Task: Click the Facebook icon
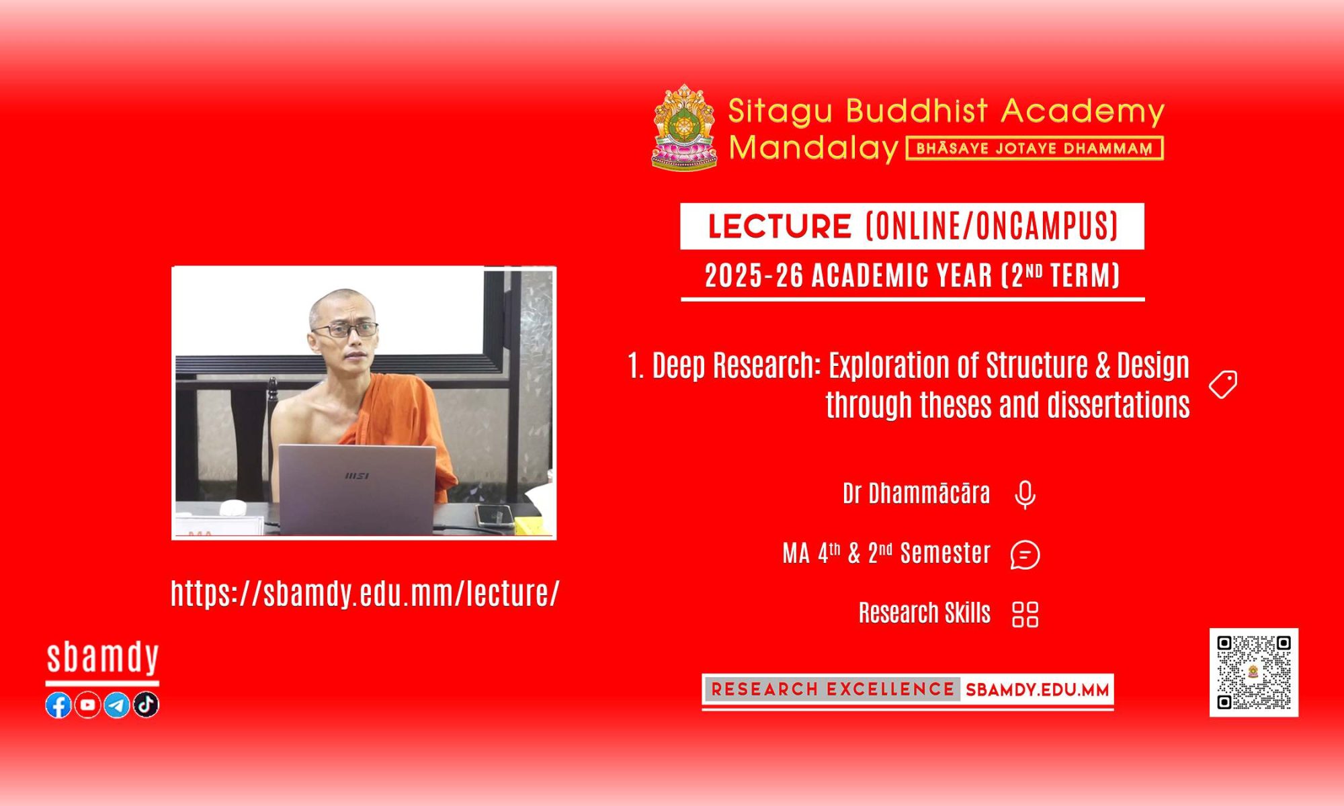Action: [58, 705]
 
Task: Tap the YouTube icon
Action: [87, 705]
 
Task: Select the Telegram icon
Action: [117, 705]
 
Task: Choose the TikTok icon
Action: [146, 705]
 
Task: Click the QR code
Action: [1254, 672]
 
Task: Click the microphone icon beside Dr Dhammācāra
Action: [1025, 495]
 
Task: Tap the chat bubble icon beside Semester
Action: [1025, 555]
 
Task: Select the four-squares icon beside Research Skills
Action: [1025, 614]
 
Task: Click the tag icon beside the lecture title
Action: [1223, 384]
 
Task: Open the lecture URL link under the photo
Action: [365, 593]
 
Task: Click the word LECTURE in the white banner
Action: [780, 226]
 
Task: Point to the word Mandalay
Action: [814, 148]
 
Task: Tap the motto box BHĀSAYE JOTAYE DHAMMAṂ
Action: [1035, 148]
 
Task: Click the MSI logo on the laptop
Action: [357, 476]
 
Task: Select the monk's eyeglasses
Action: [345, 330]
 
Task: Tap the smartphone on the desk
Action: [495, 516]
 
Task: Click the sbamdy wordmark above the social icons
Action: [103, 658]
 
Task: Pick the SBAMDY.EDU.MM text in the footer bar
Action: [1037, 690]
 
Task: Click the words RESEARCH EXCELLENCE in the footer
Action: [833, 689]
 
